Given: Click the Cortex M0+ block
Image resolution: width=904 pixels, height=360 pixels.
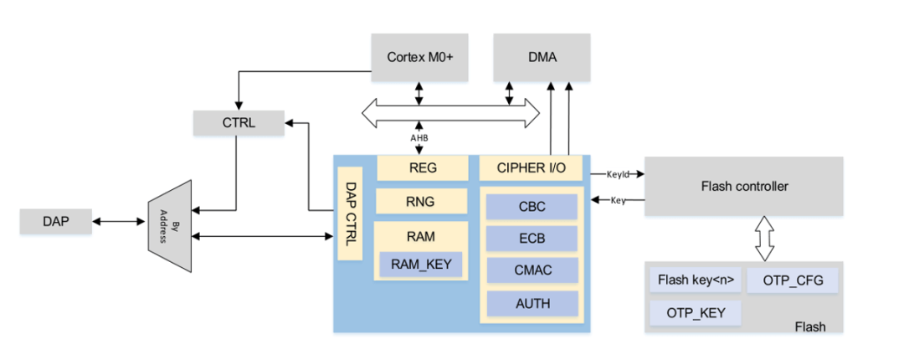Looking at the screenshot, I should tap(419, 58).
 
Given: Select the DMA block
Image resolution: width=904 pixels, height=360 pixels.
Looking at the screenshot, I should tap(542, 58).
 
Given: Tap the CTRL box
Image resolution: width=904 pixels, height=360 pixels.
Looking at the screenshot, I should tap(239, 123).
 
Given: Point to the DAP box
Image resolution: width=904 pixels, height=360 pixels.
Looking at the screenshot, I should tap(55, 222).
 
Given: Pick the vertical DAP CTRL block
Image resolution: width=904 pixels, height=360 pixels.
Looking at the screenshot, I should tap(351, 214).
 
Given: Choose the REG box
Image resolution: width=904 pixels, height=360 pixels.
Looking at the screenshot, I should tap(423, 167).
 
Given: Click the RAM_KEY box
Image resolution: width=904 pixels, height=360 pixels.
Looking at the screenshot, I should tap(421, 265).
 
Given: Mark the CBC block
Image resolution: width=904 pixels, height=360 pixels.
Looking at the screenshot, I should tap(532, 206).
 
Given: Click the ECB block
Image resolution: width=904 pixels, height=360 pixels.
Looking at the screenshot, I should tap(532, 238).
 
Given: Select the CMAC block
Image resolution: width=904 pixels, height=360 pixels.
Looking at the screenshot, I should tap(532, 270).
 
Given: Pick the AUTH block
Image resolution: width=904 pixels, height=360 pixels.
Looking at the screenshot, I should tap(532, 302).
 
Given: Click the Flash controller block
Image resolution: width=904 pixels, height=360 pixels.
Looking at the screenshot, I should tap(744, 186).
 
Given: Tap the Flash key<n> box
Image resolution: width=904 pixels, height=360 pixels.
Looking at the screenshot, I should tap(695, 280).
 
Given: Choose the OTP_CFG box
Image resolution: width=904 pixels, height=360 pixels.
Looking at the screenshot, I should tap(793, 280).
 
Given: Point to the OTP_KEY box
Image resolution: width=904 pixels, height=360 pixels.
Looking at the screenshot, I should tap(695, 312).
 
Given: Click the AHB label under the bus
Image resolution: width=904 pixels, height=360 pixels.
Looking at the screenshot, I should tap(419, 139).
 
